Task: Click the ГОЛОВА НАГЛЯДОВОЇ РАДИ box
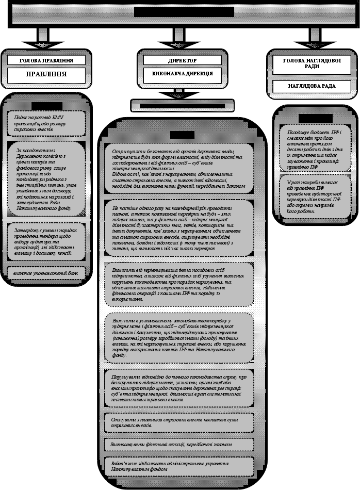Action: [x=312, y=64]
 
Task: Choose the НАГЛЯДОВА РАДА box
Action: [x=312, y=86]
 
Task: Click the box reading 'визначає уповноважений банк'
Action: [x=46, y=271]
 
